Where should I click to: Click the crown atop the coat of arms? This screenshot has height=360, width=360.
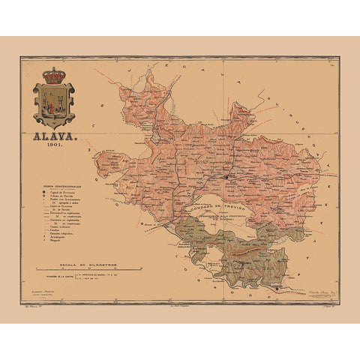coord(54,76)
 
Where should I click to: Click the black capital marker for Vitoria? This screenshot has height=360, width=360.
coord(225,177)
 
